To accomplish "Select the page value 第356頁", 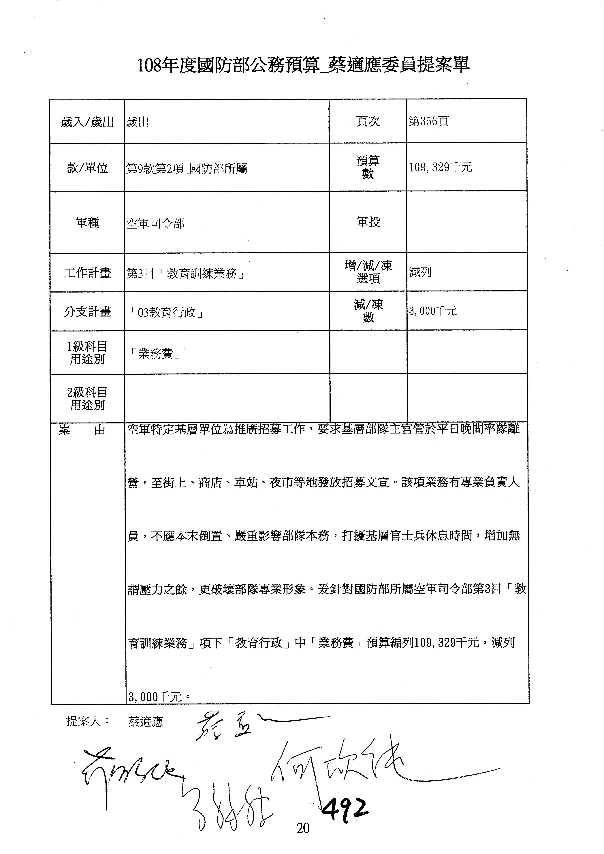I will [428, 121].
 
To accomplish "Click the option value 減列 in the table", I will [420, 272].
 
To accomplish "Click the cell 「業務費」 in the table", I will [155, 354].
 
